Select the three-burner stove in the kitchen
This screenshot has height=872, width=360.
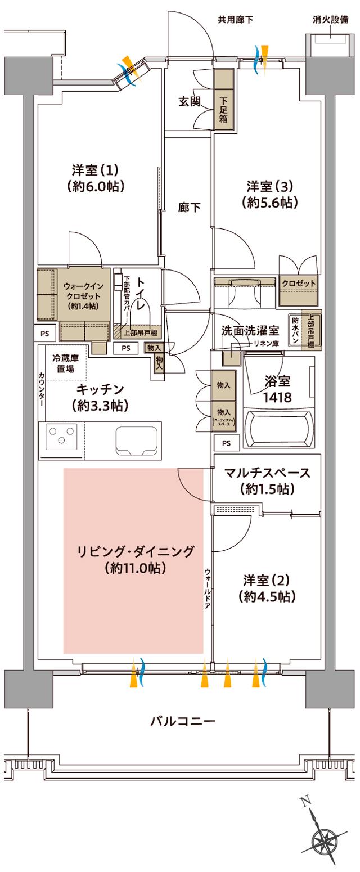(62, 437)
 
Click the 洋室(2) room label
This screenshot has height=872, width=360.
(266, 587)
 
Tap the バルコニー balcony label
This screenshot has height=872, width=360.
(182, 721)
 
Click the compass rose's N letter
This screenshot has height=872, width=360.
(305, 802)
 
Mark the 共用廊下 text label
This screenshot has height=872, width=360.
(235, 20)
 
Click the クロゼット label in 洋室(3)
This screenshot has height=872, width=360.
(298, 283)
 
